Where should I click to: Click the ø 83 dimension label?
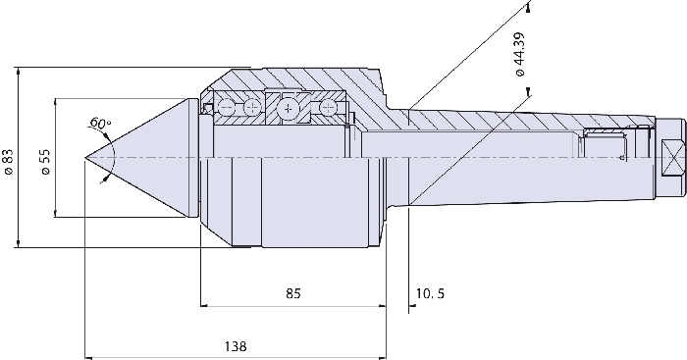8,162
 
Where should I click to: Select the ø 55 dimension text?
45,162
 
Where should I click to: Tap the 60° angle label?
99,123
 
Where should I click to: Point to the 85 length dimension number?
292,293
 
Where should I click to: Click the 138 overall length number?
236,346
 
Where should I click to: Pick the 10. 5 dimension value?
430,293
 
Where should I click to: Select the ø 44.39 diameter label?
519,54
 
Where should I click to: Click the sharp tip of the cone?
84,158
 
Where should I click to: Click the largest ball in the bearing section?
288,109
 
